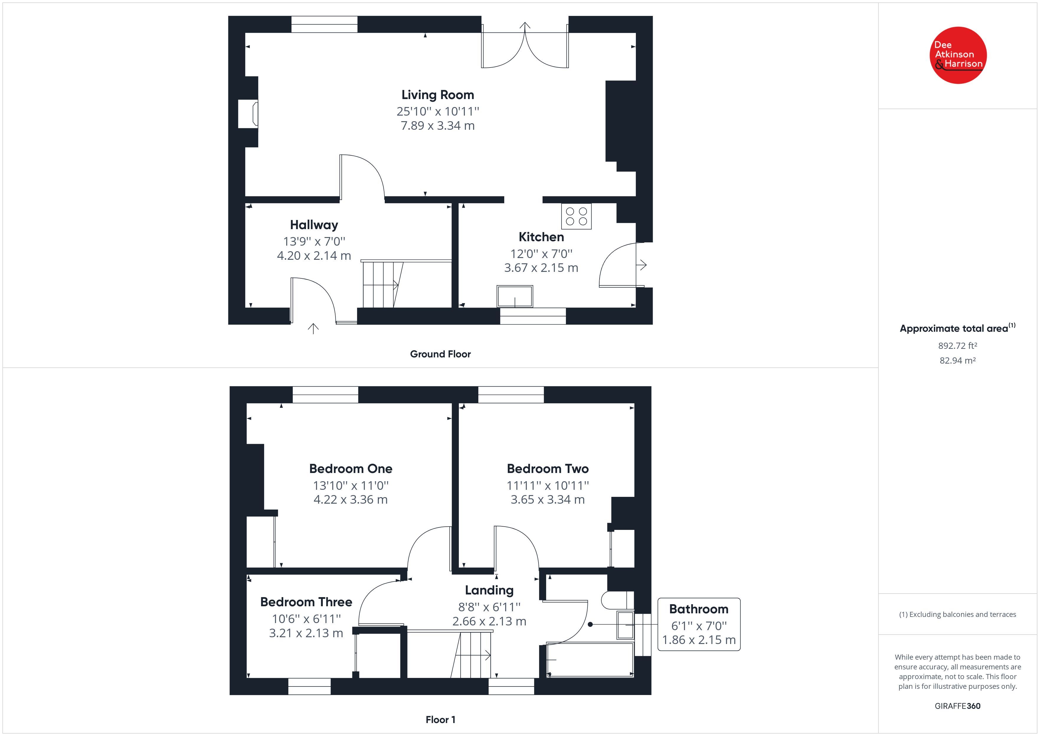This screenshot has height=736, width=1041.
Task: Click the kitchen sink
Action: (x=515, y=296)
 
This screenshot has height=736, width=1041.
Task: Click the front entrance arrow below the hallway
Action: (x=313, y=328)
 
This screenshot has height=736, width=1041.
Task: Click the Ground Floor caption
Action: (x=440, y=354)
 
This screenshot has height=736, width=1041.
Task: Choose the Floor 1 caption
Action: (x=440, y=720)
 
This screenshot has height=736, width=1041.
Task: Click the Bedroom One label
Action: (x=351, y=468)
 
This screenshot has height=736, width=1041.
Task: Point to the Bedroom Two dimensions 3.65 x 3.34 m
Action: (x=547, y=500)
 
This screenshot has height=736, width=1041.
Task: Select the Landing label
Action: (x=489, y=590)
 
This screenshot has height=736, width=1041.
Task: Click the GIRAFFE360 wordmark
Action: (x=957, y=706)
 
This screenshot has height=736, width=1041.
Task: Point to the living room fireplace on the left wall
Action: (x=248, y=113)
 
